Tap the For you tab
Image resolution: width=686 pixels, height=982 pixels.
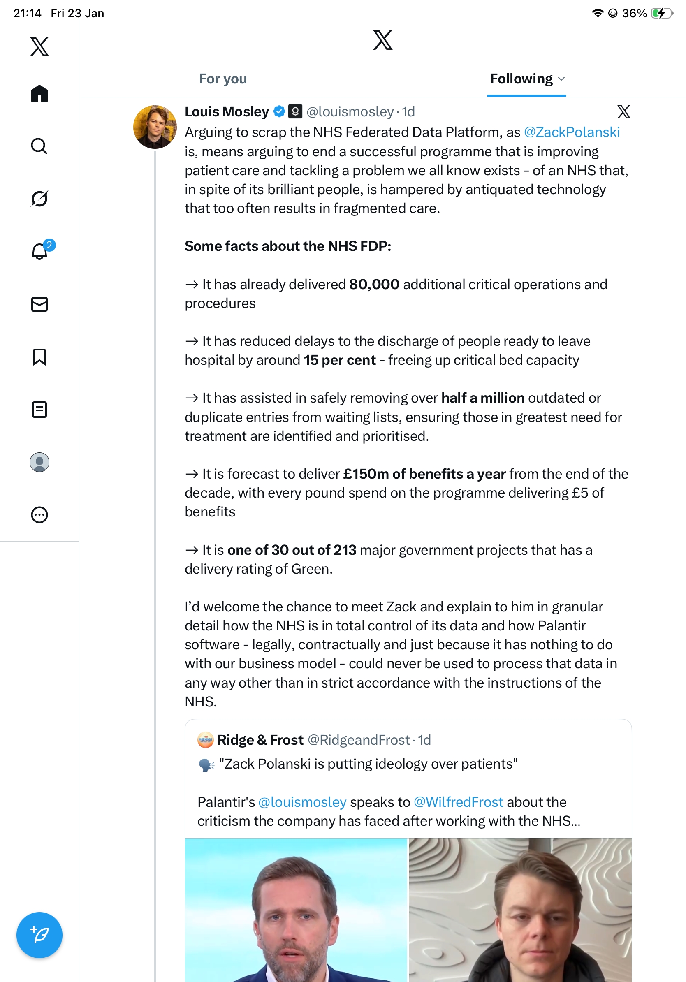pyautogui.click(x=223, y=79)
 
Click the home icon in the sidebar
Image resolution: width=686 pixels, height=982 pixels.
pyautogui.click(x=39, y=93)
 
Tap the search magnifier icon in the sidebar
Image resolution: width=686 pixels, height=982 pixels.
pyautogui.click(x=39, y=146)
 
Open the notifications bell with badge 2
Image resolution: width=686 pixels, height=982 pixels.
pyautogui.click(x=40, y=251)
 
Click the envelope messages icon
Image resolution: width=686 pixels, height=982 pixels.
pyautogui.click(x=39, y=304)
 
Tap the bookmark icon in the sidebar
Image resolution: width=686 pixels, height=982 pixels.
pyautogui.click(x=39, y=357)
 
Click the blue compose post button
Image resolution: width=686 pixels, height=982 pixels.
pyautogui.click(x=39, y=935)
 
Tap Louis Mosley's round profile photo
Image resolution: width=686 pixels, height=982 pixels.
pyautogui.click(x=155, y=127)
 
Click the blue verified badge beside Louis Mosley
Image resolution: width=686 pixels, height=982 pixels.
pyautogui.click(x=279, y=111)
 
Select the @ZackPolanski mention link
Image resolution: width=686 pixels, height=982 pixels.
pyautogui.click(x=571, y=132)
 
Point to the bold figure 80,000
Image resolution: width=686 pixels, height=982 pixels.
pyautogui.click(x=374, y=285)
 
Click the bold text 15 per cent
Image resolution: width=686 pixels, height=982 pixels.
pyautogui.click(x=340, y=360)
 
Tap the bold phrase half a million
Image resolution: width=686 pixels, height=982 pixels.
pyautogui.click(x=482, y=398)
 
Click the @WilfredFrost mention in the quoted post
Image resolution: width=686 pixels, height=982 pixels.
pyautogui.click(x=458, y=802)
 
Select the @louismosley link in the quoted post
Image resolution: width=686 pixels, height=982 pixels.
pyautogui.click(x=302, y=802)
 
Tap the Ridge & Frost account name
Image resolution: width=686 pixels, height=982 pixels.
pyautogui.click(x=260, y=740)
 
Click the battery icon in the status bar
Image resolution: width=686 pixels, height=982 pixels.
pyautogui.click(x=661, y=13)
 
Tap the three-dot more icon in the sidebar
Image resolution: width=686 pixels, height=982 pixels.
pyautogui.click(x=39, y=515)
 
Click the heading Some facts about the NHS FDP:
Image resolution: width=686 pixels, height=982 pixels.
pyautogui.click(x=288, y=246)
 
